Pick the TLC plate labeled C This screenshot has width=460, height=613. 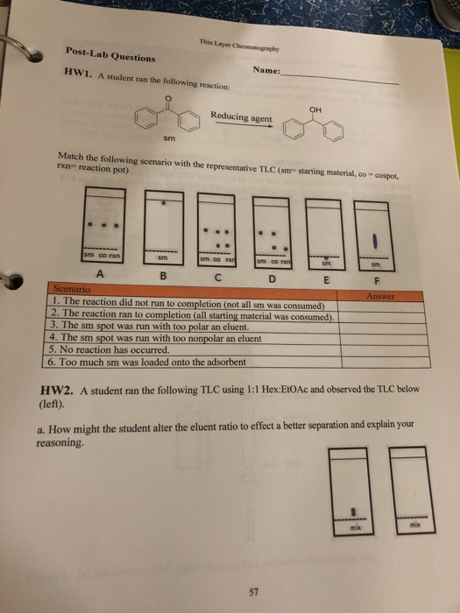(x=219, y=229)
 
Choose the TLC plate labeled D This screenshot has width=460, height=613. (x=273, y=230)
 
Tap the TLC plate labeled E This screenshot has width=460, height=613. (x=325, y=231)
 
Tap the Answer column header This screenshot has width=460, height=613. (x=364, y=295)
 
